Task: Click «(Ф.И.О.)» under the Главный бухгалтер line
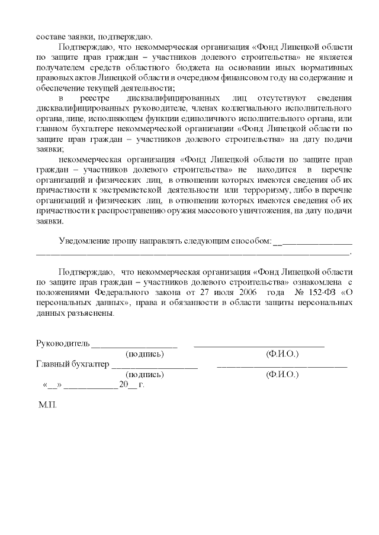coord(282,375)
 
